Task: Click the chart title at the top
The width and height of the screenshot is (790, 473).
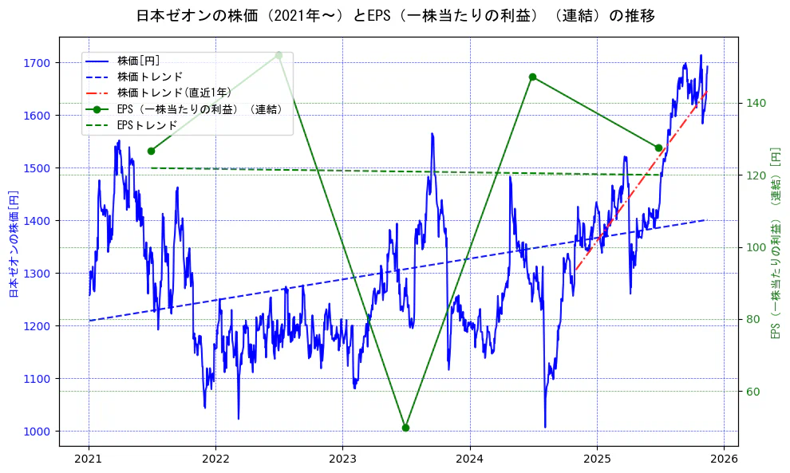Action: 395,16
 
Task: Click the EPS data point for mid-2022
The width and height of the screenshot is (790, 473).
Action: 278,55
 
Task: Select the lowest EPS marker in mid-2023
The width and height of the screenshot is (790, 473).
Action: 405,428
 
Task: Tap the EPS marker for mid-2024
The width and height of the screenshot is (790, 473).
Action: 532,77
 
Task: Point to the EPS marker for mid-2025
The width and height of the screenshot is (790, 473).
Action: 658,148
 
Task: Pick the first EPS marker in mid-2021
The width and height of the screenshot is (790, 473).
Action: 151,151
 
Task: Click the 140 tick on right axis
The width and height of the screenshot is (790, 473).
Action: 756,103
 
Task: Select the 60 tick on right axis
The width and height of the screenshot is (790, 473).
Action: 753,392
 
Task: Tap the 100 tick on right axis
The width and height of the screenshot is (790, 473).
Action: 756,247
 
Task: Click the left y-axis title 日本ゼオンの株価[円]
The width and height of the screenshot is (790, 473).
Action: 14,244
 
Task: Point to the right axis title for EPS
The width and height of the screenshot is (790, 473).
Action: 775,242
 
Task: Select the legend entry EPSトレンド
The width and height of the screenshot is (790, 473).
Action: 147,125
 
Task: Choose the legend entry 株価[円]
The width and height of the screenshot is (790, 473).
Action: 138,60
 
